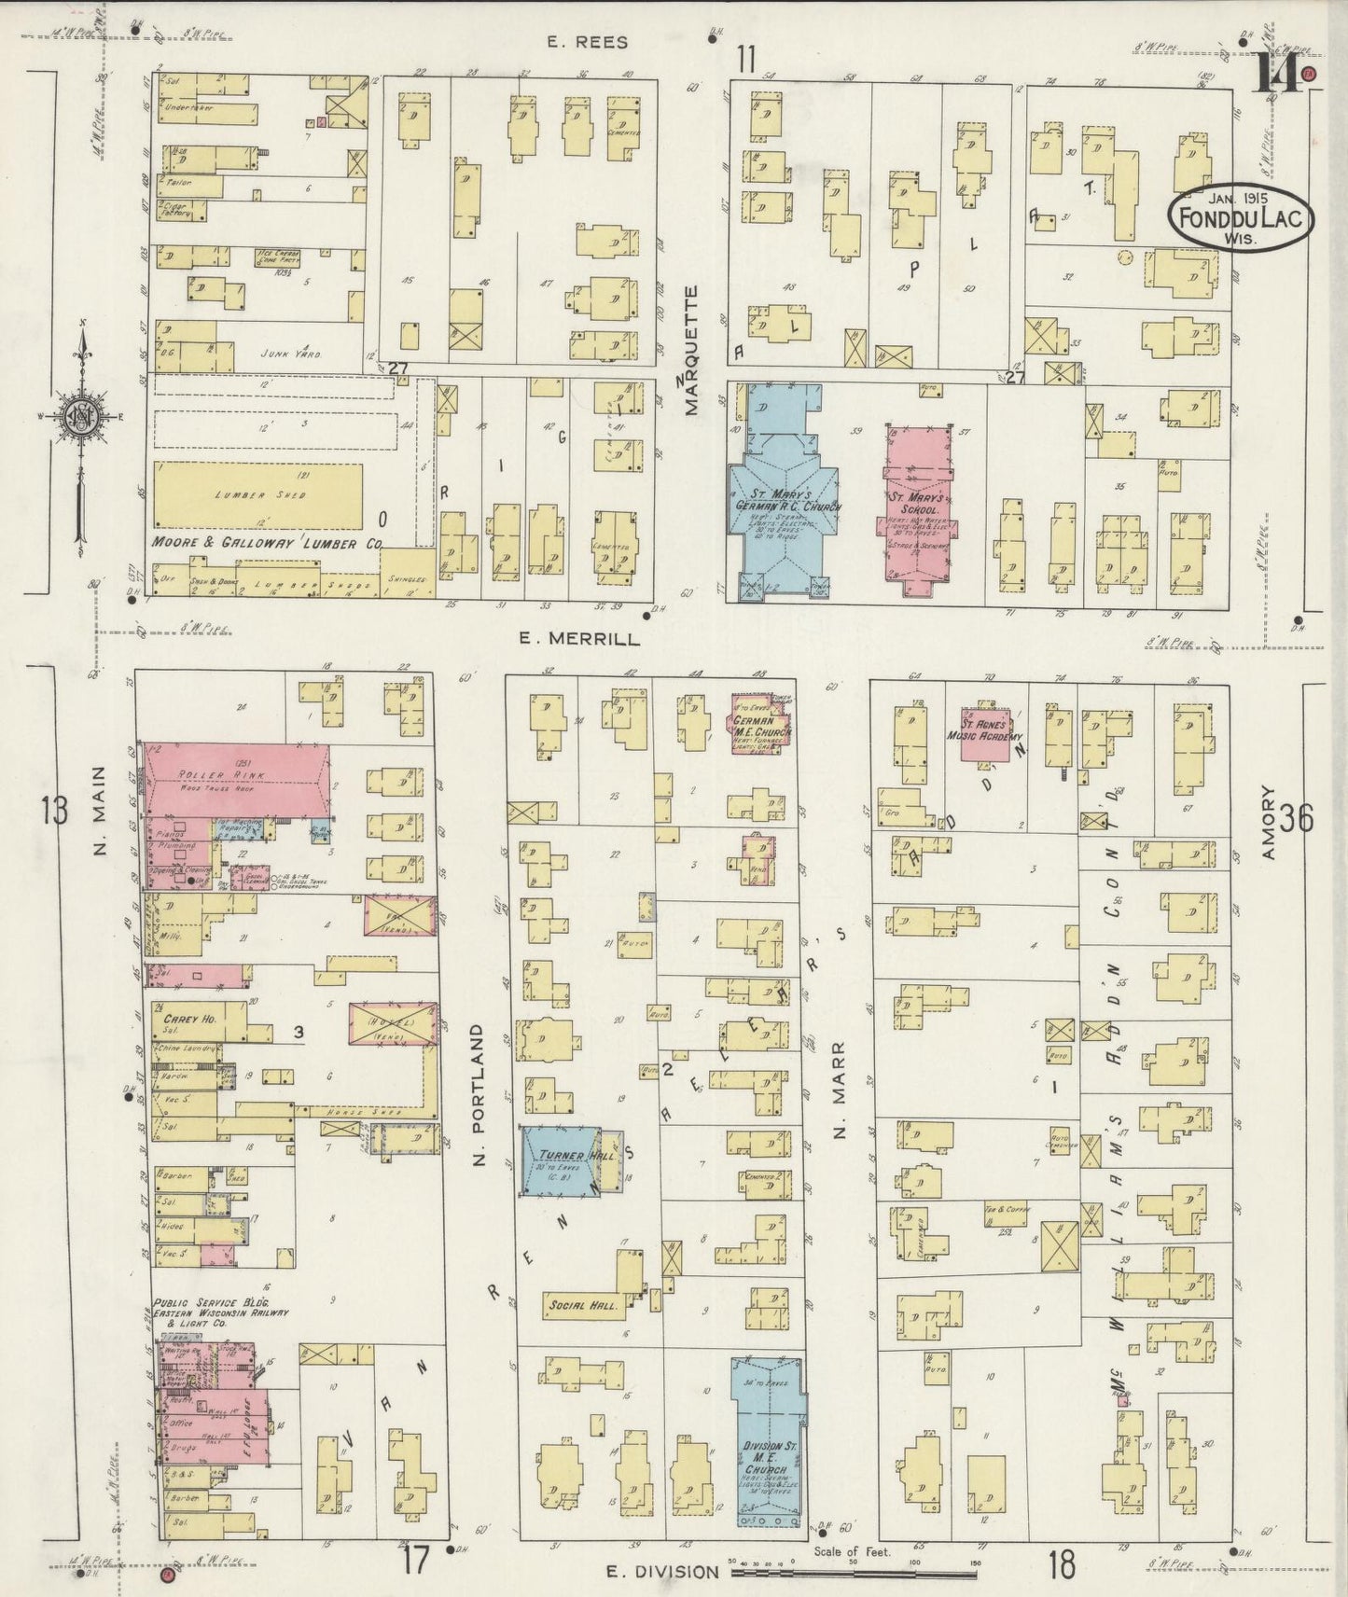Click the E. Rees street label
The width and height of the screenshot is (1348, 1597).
pyautogui.click(x=588, y=42)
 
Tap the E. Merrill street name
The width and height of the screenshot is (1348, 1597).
pyautogui.click(x=578, y=639)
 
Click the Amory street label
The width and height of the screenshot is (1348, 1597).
pyautogui.click(x=1268, y=823)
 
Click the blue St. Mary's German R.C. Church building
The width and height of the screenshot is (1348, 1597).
pyautogui.click(x=783, y=504)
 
